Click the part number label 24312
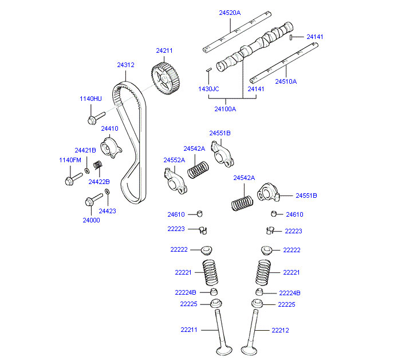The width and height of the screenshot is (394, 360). pyautogui.click(x=125, y=65)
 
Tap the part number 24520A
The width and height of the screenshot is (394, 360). pyautogui.click(x=230, y=12)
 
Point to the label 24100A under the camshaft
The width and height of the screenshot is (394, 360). pyautogui.click(x=224, y=108)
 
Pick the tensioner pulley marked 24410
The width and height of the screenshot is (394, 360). pyautogui.click(x=111, y=148)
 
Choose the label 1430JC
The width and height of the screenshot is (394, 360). pyautogui.click(x=208, y=89)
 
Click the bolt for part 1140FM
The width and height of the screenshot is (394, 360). pyautogui.click(x=68, y=181)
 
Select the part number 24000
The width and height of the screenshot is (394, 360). pyautogui.click(x=91, y=220)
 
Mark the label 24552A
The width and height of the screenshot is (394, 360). pyautogui.click(x=174, y=160)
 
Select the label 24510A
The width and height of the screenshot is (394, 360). pyautogui.click(x=286, y=81)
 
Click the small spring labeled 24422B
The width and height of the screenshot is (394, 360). pyautogui.click(x=98, y=166)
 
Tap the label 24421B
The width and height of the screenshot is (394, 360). pyautogui.click(x=85, y=150)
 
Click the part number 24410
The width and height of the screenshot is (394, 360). pyautogui.click(x=109, y=128)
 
